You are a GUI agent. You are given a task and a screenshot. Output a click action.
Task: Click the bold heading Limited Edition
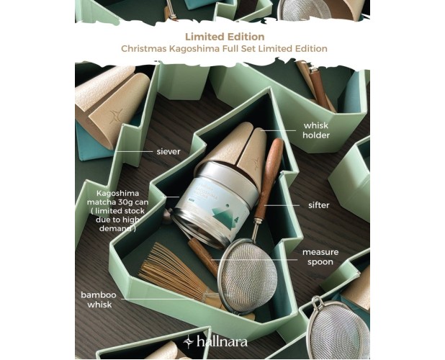click(224, 36)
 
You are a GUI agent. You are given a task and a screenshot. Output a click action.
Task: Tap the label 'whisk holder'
click(315, 130)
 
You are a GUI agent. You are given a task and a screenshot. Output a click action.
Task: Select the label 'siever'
click(168, 152)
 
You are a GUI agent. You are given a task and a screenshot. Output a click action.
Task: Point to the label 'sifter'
click(318, 205)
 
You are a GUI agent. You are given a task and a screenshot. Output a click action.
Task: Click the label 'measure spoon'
click(320, 257)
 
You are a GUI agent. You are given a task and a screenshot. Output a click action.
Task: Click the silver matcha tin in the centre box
click(208, 205)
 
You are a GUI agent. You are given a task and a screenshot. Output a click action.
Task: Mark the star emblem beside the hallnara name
click(189, 341)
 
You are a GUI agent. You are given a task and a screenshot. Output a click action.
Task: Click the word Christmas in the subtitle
click(145, 48)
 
